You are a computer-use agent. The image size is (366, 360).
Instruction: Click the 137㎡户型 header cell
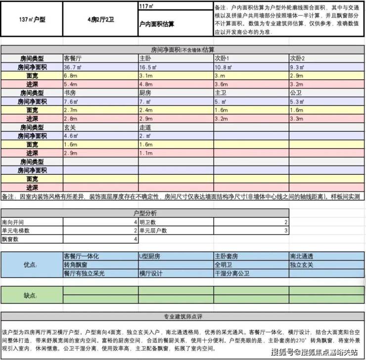[x=32, y=20]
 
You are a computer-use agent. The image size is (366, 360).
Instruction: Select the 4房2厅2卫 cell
[x=101, y=20]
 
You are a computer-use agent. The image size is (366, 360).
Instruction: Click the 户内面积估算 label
[x=157, y=23]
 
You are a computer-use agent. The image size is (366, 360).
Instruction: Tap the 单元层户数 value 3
[x=285, y=231]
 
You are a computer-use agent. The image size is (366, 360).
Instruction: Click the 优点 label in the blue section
[x=31, y=265]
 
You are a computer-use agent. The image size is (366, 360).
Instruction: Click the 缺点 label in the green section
[x=31, y=296]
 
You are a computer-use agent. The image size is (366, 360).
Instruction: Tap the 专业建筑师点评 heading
[x=183, y=317]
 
